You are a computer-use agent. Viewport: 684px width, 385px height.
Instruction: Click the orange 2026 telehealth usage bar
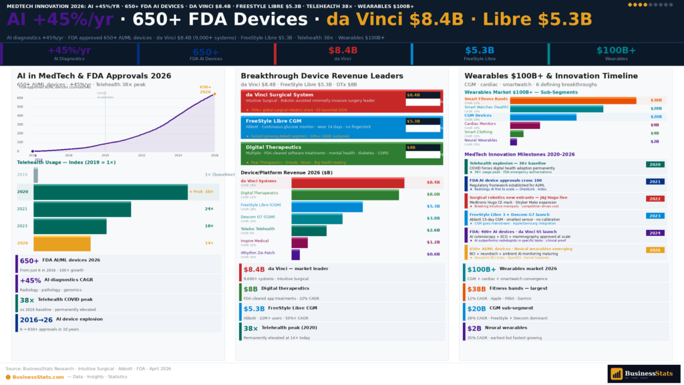pyautogui.click(x=61, y=243)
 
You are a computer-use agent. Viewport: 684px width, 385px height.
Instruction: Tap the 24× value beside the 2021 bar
pyautogui.click(x=208, y=209)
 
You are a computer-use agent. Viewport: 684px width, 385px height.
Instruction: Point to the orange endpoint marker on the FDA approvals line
pyautogui.click(x=214, y=94)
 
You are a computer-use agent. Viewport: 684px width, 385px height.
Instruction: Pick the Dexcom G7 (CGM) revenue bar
pyautogui.click(x=317, y=219)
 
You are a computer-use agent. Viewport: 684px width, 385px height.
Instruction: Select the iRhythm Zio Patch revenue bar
pyautogui.click(x=295, y=255)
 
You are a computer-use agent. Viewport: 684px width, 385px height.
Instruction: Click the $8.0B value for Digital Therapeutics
pyautogui.click(x=433, y=195)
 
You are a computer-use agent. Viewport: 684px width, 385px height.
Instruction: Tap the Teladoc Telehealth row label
pyautogui.click(x=257, y=229)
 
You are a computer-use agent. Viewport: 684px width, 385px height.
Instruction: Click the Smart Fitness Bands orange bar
pyautogui.click(x=573, y=100)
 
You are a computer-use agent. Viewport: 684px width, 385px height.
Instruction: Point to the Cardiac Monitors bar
pyautogui.click(x=524, y=125)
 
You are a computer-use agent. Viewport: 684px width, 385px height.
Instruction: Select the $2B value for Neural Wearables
pyautogui.click(x=655, y=142)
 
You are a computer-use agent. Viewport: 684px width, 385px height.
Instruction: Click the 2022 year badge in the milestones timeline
pyautogui.click(x=655, y=199)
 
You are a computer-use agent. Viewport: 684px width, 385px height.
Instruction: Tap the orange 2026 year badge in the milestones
pyautogui.click(x=655, y=249)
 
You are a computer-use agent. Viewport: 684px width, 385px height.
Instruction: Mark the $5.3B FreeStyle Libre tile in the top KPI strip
pyautogui.click(x=479, y=50)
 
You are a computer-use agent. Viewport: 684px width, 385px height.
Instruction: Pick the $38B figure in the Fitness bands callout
pyautogui.click(x=476, y=289)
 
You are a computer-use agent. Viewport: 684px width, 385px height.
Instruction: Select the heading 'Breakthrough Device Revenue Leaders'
pyautogui.click(x=322, y=76)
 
